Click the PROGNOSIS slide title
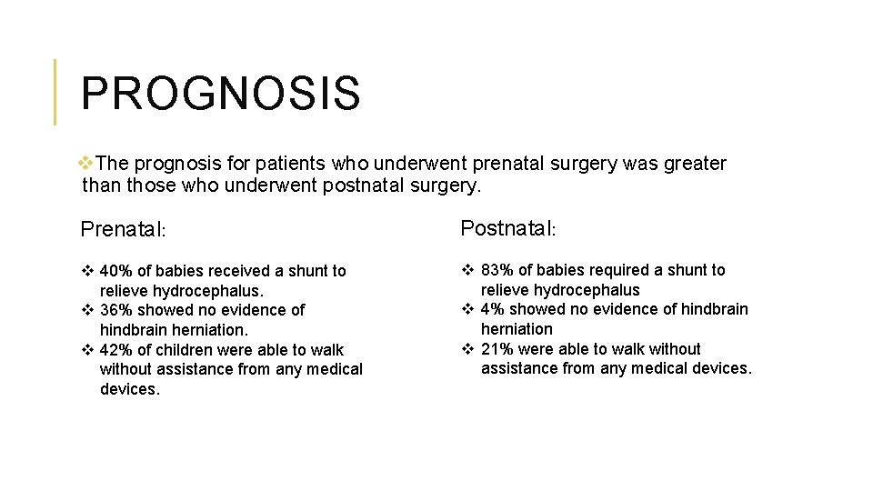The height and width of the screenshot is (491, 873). (x=220, y=94)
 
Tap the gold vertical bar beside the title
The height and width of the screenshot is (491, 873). (x=55, y=92)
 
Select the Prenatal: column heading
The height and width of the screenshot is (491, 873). (x=123, y=229)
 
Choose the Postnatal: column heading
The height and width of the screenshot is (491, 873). (x=507, y=228)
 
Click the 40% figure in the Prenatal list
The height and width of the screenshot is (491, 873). (x=116, y=271)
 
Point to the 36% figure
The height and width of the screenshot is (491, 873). (x=116, y=310)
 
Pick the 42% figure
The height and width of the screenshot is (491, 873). (x=116, y=350)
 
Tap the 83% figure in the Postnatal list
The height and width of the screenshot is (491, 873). (x=497, y=270)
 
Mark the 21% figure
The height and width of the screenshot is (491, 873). (x=497, y=349)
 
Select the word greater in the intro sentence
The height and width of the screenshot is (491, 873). (x=694, y=164)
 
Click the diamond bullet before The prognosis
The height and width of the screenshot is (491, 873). (x=86, y=164)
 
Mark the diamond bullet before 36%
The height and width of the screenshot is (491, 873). (x=87, y=310)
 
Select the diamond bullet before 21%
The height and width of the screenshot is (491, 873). (x=467, y=349)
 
